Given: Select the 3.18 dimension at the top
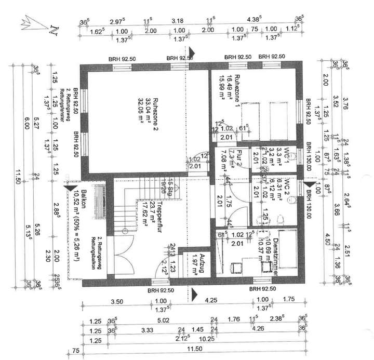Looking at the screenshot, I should click(x=177, y=21).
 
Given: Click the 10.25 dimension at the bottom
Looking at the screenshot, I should click(x=207, y=339).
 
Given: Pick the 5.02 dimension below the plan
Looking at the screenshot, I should click(x=164, y=319).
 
